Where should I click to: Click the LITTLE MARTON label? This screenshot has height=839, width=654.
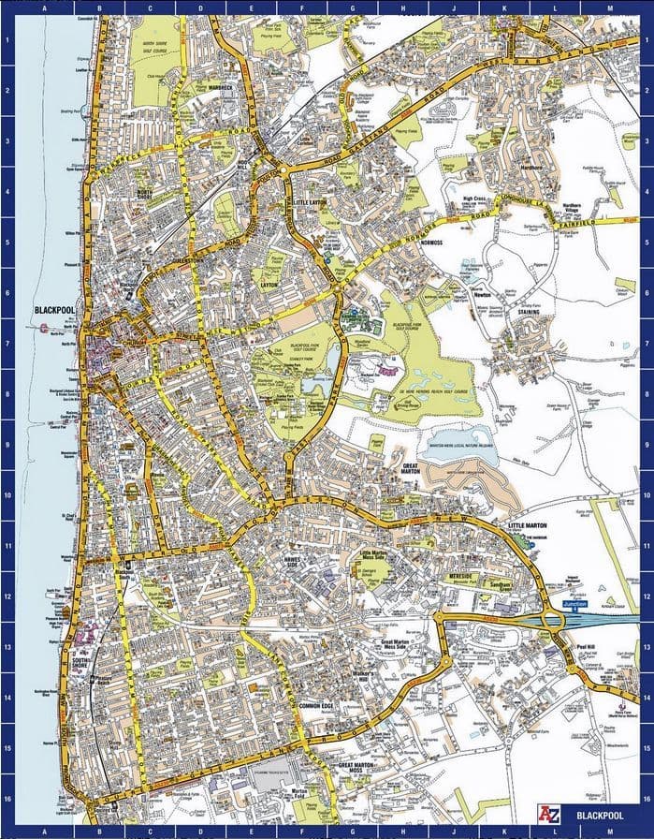click(x=527, y=526)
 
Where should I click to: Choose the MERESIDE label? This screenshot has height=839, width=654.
click(x=462, y=576)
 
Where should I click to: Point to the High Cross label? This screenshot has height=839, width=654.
click(x=474, y=199)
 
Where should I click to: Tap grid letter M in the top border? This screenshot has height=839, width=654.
click(x=609, y=7)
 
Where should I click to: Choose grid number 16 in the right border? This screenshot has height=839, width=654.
click(x=647, y=799)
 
